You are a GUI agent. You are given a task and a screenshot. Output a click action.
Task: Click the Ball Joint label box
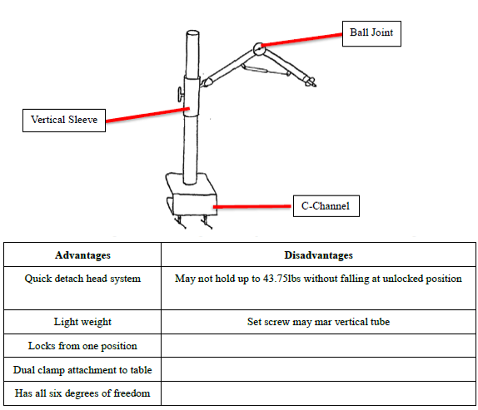pos(371,33)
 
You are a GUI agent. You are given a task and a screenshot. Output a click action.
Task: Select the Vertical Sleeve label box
pos(64,121)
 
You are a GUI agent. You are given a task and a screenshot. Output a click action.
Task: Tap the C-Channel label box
pos(326,206)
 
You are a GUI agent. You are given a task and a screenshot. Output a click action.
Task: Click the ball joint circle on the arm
pos(259,49)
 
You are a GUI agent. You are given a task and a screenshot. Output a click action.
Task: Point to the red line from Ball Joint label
pos(301,40)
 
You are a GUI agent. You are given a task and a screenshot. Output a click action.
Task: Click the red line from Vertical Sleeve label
pos(147,115)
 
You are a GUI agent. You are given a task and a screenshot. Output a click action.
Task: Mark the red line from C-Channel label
pos(252,207)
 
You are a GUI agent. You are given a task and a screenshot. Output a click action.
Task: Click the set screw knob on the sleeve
pos(180,94)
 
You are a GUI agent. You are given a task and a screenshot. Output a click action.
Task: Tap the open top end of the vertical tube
pos(192,33)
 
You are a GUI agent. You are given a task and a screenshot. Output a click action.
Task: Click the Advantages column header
pos(82,254)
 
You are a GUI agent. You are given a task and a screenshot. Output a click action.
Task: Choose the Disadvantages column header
pos(319,254)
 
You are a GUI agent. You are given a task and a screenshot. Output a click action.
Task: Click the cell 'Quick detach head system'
pos(82,289)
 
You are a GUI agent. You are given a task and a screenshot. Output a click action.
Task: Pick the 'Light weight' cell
pos(82,322)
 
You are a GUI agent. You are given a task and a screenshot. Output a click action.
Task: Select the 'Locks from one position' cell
pos(82,345)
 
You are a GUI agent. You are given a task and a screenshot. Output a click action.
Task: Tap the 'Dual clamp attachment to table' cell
pos(82,369)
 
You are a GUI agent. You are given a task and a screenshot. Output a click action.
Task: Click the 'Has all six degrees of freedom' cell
pos(82,393)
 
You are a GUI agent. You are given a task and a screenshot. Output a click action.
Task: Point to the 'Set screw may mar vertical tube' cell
pos(319,322)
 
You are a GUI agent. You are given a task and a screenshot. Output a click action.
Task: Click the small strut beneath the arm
pos(266,70)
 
